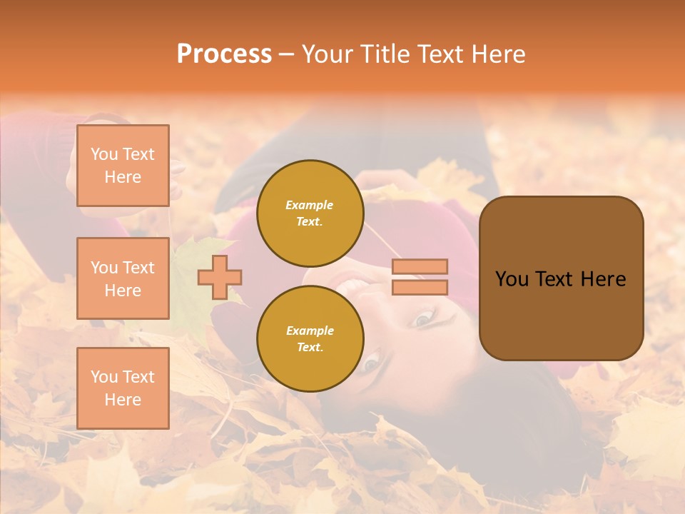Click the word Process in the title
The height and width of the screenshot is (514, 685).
coord(224,54)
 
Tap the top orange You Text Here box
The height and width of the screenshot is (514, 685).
coord(123,166)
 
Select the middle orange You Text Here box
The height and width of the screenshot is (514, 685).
coord(123,278)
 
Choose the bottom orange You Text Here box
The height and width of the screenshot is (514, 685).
coord(123,388)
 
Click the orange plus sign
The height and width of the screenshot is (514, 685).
coord(220,277)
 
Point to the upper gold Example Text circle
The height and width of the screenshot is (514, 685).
coord(310,213)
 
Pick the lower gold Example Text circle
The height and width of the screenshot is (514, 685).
coord(310,339)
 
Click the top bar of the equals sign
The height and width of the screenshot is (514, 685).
coord(420,266)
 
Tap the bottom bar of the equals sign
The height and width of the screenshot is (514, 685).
coord(420,287)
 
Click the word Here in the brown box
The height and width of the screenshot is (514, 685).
coord(603,279)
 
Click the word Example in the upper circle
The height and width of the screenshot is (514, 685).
coord(310,205)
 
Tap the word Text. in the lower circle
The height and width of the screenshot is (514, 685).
coord(310,348)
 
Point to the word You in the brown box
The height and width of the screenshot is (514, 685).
coord(512,279)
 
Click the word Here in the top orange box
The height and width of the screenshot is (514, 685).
coord(123,177)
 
